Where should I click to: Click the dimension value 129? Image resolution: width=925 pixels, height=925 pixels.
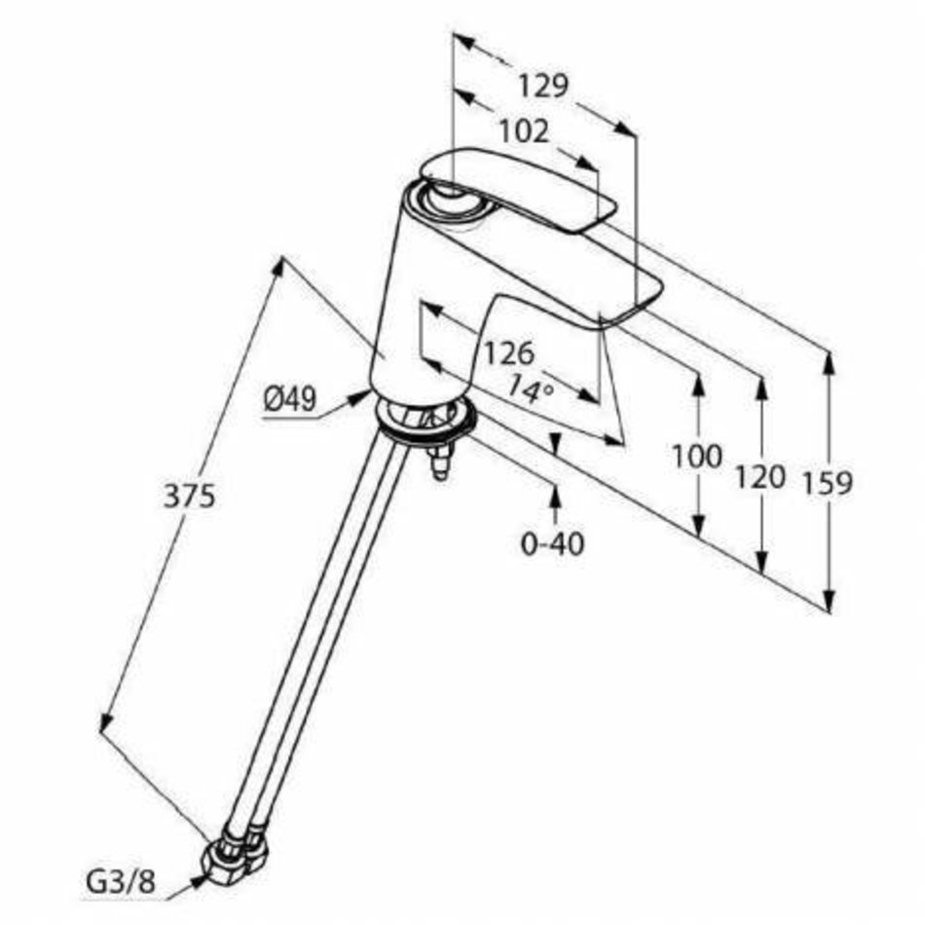coord(542,86)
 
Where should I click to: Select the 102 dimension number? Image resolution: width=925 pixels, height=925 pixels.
coord(524,131)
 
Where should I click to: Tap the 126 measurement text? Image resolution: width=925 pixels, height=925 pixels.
coord(509,353)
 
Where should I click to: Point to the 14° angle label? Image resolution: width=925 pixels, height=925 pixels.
coord(531,388)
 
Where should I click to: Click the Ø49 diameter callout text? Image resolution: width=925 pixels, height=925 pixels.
coord(289,400)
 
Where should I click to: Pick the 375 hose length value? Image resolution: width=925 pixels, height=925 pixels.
coord(189,497)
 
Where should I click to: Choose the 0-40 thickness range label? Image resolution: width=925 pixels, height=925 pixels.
coord(553,543)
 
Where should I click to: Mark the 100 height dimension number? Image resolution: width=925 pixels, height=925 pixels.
coord(697,456)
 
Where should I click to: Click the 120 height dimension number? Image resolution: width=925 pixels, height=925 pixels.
coord(759,477)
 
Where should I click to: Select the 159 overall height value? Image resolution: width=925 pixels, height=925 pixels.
coord(828,483)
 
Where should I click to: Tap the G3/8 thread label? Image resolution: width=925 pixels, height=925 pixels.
coord(121,883)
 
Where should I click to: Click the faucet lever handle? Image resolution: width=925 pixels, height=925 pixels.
coord(518,188)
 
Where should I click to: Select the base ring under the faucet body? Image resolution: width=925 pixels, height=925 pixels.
coord(425,419)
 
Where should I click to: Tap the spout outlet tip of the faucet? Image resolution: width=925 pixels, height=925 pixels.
coord(631,310)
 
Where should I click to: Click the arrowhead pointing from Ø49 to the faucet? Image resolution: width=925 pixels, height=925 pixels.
coord(360,397)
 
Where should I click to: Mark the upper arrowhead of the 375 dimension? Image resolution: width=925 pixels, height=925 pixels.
coord(277,270)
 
